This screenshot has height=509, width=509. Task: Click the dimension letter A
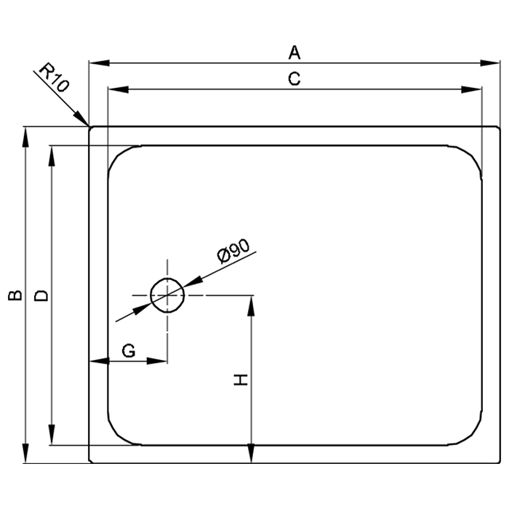[x=294, y=52]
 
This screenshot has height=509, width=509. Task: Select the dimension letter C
[x=294, y=79]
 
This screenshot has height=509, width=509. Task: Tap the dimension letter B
[x=15, y=295]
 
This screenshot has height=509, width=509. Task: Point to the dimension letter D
[x=41, y=296]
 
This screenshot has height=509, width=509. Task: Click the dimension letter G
[x=129, y=350]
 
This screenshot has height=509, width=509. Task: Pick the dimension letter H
[x=241, y=380]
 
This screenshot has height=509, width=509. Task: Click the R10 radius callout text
[x=55, y=77]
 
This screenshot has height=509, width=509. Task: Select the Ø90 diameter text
[x=233, y=251]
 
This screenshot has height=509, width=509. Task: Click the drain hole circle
[x=167, y=278]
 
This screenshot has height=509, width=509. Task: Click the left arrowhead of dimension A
[x=100, y=63]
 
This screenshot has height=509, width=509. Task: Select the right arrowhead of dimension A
[x=490, y=63]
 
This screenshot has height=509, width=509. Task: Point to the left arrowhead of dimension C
[x=118, y=89]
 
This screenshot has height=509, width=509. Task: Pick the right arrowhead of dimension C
[x=472, y=89]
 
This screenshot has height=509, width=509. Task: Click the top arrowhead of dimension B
[x=25, y=137]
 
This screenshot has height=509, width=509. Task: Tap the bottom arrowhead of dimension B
[x=25, y=453]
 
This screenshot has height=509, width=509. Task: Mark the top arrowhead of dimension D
[x=52, y=156]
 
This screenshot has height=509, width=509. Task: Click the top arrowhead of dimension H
[x=251, y=306]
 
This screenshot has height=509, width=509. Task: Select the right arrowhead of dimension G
[x=157, y=361]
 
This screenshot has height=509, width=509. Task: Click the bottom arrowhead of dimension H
[x=251, y=453]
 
